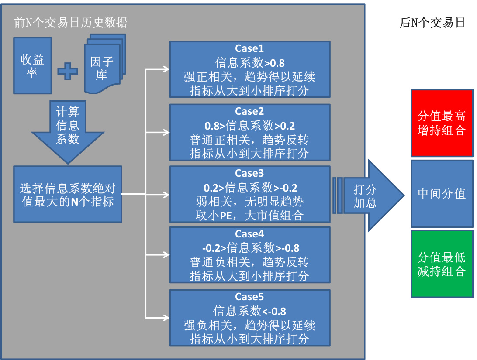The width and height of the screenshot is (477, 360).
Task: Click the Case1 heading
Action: [x=249, y=48]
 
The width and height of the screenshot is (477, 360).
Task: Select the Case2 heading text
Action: [x=249, y=111]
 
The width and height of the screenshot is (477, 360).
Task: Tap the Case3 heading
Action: [x=249, y=174]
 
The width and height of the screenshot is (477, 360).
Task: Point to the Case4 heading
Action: [x=249, y=234]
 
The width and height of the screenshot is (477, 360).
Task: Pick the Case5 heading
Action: [x=249, y=297]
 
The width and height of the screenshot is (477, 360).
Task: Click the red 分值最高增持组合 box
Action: [x=442, y=123]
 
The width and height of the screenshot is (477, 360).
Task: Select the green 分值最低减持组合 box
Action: [x=442, y=264]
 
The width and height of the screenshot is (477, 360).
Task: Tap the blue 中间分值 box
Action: [x=442, y=193]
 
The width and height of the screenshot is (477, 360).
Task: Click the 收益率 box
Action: [x=32, y=65]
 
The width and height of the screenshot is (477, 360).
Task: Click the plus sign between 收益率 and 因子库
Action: [x=68, y=71]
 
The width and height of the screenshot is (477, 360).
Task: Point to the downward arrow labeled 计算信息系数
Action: [x=68, y=131]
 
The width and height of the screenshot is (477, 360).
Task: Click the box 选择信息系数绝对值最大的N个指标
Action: [x=68, y=194]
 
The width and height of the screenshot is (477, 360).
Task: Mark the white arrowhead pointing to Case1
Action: [x=166, y=69]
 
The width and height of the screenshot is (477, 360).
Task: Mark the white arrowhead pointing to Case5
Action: [x=166, y=317]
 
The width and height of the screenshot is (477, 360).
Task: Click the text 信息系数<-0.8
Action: [x=249, y=311]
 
